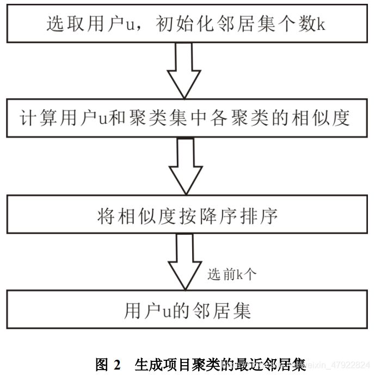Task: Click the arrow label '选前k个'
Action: pos(231,275)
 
